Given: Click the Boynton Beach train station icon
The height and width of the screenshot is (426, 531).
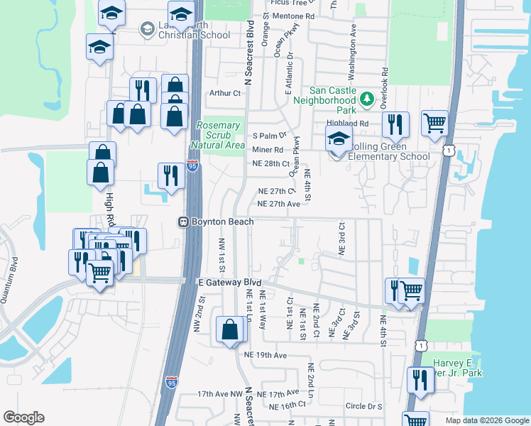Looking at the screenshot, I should pos(182,222).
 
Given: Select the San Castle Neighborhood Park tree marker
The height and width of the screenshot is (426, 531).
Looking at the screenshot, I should pos(367,99).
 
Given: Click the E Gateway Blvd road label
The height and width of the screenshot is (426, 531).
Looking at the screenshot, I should pos(224,282).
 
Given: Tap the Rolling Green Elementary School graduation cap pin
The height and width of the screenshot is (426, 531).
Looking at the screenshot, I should pos(339,138).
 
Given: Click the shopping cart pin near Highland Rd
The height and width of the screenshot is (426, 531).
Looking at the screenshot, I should pos(434,124).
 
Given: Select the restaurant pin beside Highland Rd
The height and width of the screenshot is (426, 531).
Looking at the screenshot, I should pos(395,124).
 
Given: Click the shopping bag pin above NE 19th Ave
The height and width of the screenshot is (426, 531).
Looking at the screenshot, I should pos(230,329).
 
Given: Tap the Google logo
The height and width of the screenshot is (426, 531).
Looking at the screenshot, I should pos(23,417).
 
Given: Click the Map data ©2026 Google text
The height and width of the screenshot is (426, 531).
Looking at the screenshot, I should pos(486,420).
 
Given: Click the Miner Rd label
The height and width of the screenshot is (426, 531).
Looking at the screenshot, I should pos(268,149).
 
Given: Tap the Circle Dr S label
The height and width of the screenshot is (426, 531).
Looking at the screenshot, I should pos(364,407).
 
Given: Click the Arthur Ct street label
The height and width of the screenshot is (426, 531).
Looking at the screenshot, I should pos(225,93).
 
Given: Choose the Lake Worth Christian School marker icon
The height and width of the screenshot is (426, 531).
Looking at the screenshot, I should pos(148,29).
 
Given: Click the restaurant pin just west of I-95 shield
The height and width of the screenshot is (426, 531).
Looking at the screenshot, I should pos(170,176).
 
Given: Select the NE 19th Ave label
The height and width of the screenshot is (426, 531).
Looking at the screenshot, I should pos(265,354).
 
